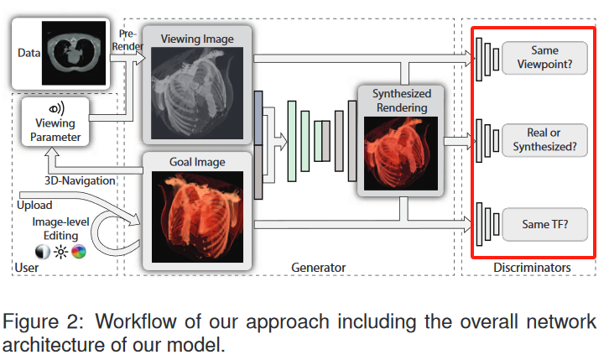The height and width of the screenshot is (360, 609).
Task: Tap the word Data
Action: [x=30, y=52]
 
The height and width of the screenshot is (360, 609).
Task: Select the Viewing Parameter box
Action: [x=58, y=120]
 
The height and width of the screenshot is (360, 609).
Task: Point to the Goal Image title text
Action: [x=197, y=161]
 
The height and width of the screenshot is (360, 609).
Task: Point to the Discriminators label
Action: [x=534, y=268]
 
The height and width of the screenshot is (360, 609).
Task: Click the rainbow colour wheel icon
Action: [x=79, y=252]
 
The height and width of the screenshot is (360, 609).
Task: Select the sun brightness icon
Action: [x=60, y=252]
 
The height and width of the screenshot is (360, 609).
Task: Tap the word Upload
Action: [x=34, y=205]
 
